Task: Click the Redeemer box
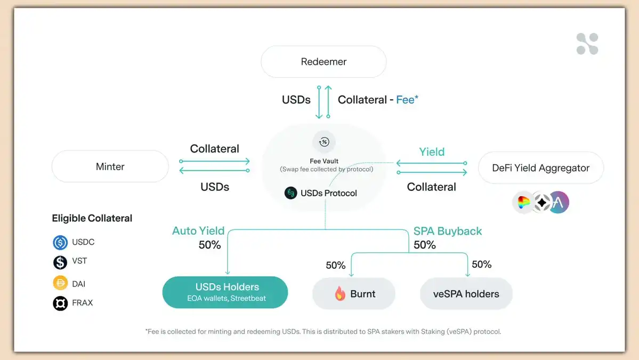click(x=323, y=62)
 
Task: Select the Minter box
click(x=110, y=166)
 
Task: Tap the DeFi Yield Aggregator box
click(x=540, y=168)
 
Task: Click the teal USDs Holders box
click(x=225, y=292)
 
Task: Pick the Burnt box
click(x=353, y=293)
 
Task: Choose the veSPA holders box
click(x=466, y=293)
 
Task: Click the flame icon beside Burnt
click(x=340, y=293)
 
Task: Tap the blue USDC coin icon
click(x=60, y=243)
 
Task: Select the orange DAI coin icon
click(x=60, y=283)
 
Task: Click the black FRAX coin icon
click(x=60, y=303)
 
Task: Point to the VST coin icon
click(x=60, y=262)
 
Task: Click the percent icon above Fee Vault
click(x=323, y=142)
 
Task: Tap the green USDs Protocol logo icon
click(x=290, y=193)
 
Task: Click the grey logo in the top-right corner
click(x=587, y=44)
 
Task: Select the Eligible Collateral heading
click(x=92, y=218)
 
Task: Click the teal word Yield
click(x=432, y=152)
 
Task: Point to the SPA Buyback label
click(x=448, y=231)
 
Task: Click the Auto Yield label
click(x=198, y=231)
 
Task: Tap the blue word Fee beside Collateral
click(x=405, y=100)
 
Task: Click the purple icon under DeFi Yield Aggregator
click(x=559, y=203)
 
